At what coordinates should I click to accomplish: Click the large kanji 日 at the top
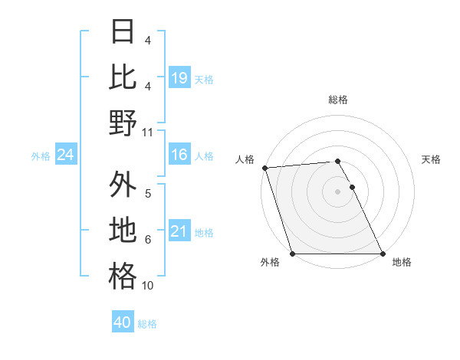[123, 33]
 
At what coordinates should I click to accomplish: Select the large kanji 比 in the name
[123, 77]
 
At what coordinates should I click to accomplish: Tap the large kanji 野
[123, 123]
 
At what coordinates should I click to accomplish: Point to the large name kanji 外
[123, 185]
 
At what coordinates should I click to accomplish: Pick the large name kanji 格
[123, 276]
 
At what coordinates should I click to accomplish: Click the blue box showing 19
[179, 77]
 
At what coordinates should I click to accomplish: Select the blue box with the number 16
[179, 155]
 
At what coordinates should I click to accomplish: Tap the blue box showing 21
[179, 232]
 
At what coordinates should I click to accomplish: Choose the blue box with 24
[66, 155]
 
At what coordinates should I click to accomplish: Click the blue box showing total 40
[123, 322]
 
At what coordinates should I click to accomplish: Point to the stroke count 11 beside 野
[148, 132]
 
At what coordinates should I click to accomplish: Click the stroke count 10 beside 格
[148, 286]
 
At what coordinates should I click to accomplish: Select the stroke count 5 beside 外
[148, 194]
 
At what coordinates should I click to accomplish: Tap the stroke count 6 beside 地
[148, 240]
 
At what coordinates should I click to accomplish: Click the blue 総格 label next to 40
[147, 324]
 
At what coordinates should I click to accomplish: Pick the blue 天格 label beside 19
[204, 79]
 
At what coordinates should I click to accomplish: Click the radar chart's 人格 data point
[264, 168]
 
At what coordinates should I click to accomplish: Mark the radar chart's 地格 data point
[382, 253]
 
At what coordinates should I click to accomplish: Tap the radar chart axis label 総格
[337, 100]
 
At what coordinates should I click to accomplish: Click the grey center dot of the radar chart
[337, 191]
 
